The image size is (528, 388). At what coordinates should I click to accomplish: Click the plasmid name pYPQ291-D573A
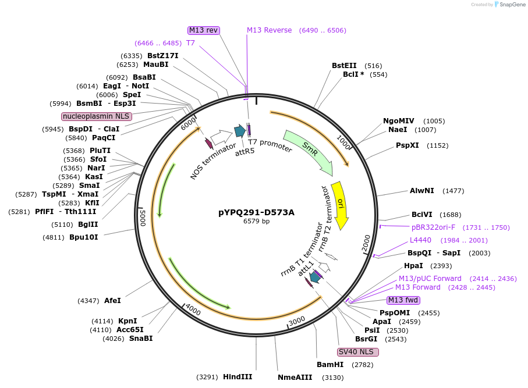pos(256,212)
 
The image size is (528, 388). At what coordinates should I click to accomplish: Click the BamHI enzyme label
pos(330,365)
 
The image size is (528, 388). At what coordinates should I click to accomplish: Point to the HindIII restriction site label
pos(238,376)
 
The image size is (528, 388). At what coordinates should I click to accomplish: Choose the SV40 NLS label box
pos(358,352)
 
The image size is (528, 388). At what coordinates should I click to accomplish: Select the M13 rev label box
pos(204,30)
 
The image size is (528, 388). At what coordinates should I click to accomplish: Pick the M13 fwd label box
pos(403,300)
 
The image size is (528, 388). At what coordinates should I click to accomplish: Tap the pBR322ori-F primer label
pos(434,227)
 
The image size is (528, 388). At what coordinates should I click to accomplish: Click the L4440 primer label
pos(421,240)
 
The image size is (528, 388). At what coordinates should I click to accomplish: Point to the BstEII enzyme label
pos(344,66)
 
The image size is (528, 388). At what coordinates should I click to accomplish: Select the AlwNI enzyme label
pos(422,191)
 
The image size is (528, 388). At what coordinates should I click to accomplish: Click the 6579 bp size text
pos(256,221)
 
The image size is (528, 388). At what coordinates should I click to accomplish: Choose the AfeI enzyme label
pos(112,301)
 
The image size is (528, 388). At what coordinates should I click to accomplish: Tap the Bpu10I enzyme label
pos(84,237)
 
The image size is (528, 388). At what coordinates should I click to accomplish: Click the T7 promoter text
pos(270,145)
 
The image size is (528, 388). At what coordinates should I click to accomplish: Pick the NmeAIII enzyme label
pos(295,377)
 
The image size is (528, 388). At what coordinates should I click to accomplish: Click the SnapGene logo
pos(507,5)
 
